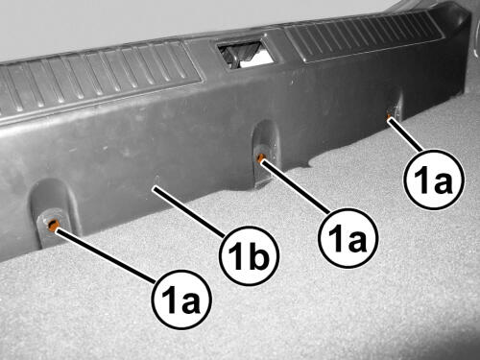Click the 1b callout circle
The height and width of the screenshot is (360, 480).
249,256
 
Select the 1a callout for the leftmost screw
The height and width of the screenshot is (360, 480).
181,300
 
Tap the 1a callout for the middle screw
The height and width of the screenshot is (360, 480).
348,238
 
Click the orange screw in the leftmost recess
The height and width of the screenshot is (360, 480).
52,225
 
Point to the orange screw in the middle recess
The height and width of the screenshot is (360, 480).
261,156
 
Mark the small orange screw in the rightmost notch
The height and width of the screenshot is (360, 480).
389,116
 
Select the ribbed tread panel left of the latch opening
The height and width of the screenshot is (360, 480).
96,80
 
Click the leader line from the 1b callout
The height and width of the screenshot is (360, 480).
189,212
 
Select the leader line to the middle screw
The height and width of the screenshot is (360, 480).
295,186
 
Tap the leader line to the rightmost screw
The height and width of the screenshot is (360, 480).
405,134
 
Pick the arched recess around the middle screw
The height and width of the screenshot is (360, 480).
266,154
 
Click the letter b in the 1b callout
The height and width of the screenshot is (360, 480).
257,255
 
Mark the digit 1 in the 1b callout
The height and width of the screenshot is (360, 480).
237,256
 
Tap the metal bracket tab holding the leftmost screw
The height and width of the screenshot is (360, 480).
53,228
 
